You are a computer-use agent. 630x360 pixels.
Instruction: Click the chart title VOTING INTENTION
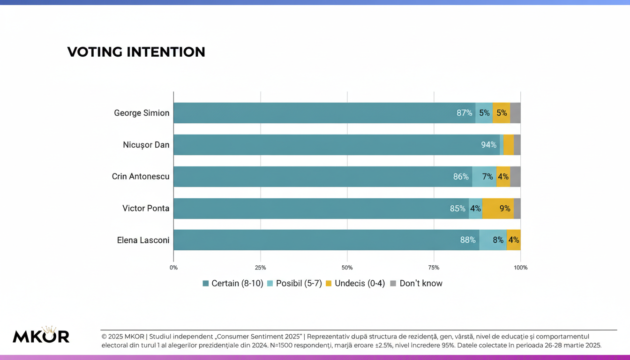pyautogui.click(x=136, y=52)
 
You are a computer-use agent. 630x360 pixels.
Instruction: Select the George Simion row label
pyautogui.click(x=142, y=113)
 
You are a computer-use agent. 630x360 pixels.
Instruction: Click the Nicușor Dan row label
pyautogui.click(x=146, y=145)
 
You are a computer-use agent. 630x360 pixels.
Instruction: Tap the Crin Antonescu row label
pyautogui.click(x=141, y=177)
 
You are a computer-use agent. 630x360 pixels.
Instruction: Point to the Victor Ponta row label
pyautogui.click(x=146, y=209)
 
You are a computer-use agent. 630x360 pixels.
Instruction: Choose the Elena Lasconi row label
pyautogui.click(x=143, y=240)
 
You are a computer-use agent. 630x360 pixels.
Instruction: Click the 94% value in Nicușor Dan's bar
pyautogui.click(x=488, y=145)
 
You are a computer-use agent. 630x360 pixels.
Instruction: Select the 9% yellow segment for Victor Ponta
pyautogui.click(x=504, y=209)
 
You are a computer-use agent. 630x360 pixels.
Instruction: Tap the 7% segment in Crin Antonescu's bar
pyautogui.click(x=487, y=177)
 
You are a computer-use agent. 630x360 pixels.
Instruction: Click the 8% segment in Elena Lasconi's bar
pyautogui.click(x=498, y=240)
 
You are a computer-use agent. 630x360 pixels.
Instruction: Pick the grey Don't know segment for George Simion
pyautogui.click(x=515, y=113)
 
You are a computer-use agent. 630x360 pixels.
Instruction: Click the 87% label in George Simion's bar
pyautogui.click(x=464, y=113)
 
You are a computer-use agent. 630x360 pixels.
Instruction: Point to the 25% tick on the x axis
pyautogui.click(x=260, y=268)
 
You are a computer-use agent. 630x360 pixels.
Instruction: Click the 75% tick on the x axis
pyautogui.click(x=434, y=268)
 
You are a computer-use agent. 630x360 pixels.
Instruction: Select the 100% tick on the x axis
pyautogui.click(x=520, y=268)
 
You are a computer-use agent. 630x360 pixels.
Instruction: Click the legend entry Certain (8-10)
pyautogui.click(x=233, y=284)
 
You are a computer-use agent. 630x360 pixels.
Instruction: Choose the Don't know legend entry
pyautogui.click(x=416, y=284)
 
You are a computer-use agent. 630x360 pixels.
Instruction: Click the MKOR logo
pyautogui.click(x=41, y=335)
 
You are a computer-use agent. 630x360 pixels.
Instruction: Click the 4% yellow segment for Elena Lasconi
pyautogui.click(x=514, y=240)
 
